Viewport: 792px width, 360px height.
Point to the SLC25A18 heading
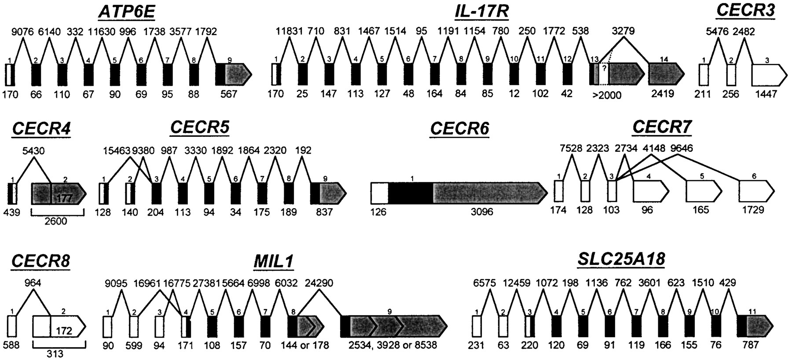pyautogui.click(x=621, y=260)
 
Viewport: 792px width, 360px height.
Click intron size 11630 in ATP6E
pyautogui.click(x=102, y=32)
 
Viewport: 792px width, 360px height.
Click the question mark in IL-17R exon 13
pyautogui.click(x=604, y=68)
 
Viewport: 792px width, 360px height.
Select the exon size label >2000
pyautogui.click(x=607, y=96)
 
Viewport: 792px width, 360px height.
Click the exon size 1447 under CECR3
pyautogui.click(x=766, y=94)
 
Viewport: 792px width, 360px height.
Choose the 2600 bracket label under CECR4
pyautogui.click(x=56, y=221)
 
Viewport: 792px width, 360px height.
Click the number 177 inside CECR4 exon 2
pyautogui.click(x=64, y=199)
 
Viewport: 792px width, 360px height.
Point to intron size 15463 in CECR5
pyautogui.click(x=116, y=151)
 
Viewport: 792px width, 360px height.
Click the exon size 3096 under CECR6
pyautogui.click(x=482, y=212)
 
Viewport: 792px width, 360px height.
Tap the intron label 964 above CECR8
pyautogui.click(x=33, y=283)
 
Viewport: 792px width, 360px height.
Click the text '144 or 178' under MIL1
pyautogui.click(x=305, y=345)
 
